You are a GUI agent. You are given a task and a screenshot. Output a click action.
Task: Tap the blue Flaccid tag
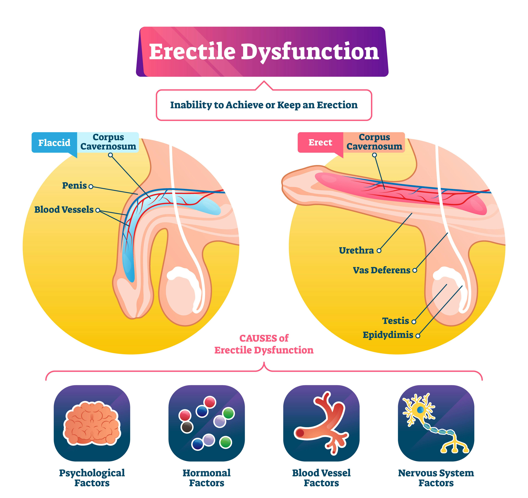(x=54, y=143)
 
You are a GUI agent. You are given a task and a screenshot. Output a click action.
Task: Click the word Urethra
(x=356, y=250)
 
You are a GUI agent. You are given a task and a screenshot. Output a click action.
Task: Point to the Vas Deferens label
(x=381, y=270)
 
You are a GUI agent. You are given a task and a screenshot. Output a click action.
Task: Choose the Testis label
(x=395, y=321)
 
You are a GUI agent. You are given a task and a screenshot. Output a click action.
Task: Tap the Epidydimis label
(x=388, y=335)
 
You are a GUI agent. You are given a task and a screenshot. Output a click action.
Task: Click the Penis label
(x=74, y=186)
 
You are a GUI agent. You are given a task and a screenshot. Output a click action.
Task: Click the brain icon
(x=92, y=423)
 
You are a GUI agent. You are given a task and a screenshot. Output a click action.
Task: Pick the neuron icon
(x=436, y=423)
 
